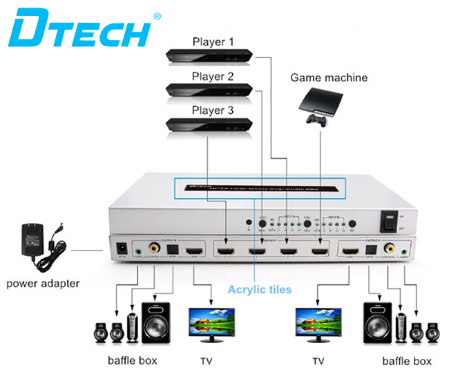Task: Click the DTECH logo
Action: [82, 28]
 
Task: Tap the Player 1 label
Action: [212, 43]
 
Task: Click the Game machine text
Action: [328, 77]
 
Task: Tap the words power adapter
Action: [43, 282]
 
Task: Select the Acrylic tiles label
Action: [260, 289]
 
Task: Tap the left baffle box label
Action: [133, 360]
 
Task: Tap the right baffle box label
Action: [407, 360]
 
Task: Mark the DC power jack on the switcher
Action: [122, 247]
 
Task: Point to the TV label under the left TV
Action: [207, 360]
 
